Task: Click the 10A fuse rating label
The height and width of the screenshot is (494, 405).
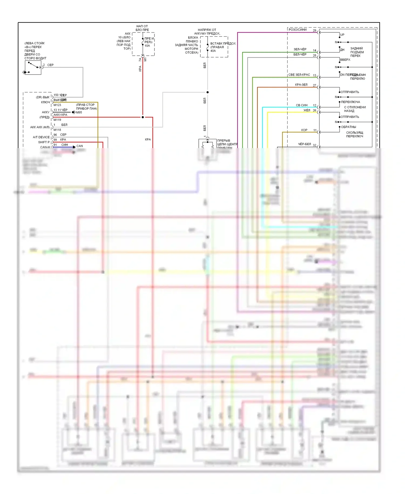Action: (x=147, y=46)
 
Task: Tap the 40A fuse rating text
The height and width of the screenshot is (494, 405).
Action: (x=213, y=51)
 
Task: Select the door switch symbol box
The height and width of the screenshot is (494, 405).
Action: (x=33, y=68)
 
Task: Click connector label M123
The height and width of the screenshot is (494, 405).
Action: (x=57, y=105)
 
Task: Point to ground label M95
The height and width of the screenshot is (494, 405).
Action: (x=79, y=112)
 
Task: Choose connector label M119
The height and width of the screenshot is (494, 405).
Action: (x=57, y=120)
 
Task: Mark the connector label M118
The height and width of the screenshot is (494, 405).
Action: (x=57, y=130)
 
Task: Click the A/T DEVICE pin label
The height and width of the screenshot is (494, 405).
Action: (x=41, y=137)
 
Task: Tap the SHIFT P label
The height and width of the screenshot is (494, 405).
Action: (x=44, y=142)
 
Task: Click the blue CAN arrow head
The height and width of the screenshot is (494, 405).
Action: (x=74, y=147)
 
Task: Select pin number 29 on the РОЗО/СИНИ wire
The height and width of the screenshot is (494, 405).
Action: (x=315, y=30)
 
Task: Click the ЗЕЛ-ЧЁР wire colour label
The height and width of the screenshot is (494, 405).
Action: (x=300, y=49)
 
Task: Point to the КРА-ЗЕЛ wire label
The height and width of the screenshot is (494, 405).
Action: (x=301, y=85)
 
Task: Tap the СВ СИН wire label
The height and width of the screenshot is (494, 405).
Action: (x=302, y=105)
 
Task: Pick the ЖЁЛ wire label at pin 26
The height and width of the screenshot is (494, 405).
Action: (x=307, y=110)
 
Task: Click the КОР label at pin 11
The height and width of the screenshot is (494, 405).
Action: (x=304, y=130)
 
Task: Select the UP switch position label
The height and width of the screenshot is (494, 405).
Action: (x=342, y=35)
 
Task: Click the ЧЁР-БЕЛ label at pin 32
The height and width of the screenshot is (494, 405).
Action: (x=304, y=144)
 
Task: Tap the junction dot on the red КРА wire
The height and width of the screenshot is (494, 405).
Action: (x=143, y=117)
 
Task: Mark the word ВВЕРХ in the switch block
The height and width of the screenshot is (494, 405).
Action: (x=345, y=60)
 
